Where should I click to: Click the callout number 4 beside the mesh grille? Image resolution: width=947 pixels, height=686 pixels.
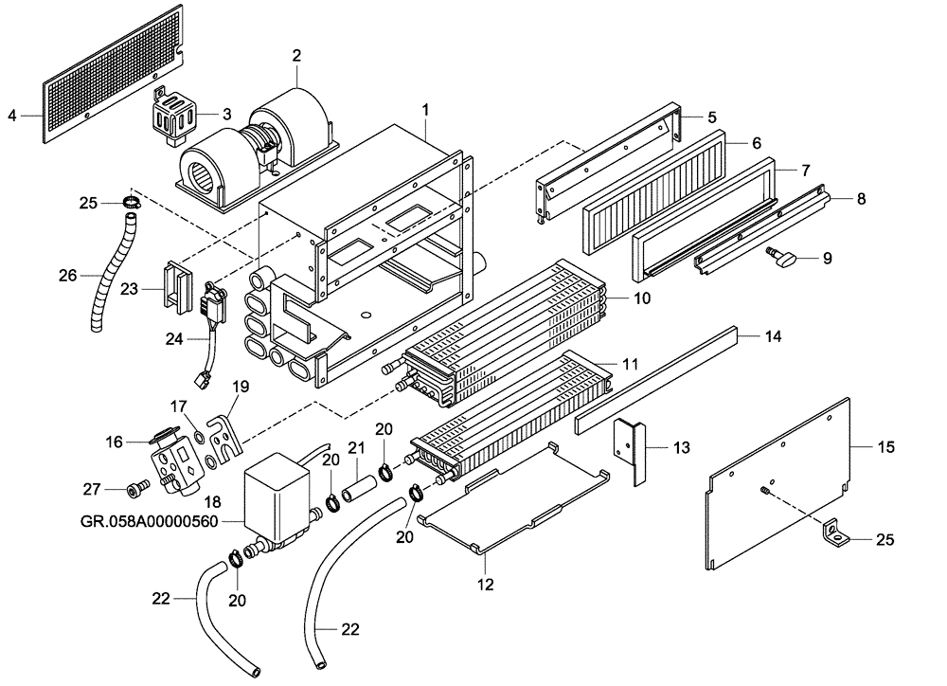(12, 116)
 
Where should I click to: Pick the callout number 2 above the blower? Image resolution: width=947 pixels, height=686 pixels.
(296, 56)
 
